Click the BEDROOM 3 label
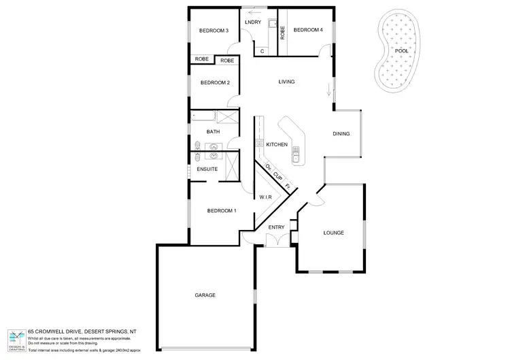[213, 31]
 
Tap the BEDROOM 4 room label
[307, 30]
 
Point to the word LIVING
[286, 82]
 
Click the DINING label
[341, 133]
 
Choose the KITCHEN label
[277, 145]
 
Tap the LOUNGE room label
[333, 233]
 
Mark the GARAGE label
[205, 295]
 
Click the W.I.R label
[266, 197]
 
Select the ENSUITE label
[207, 169]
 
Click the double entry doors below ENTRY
[275, 240]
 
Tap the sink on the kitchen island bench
[296, 156]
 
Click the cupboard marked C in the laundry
[262, 50]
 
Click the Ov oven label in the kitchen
[268, 167]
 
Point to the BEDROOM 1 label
[222, 210]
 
